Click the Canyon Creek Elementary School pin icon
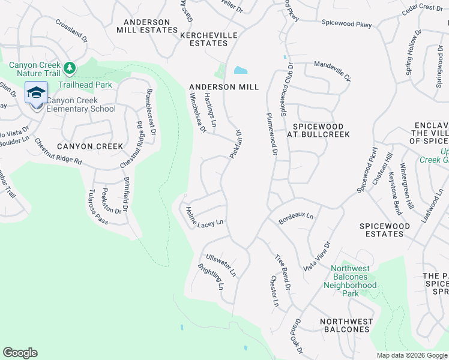37,93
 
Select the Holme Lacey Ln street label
204,217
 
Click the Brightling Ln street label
211,275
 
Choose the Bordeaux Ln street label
296,217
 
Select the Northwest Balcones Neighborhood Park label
354,281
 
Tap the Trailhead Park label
89,85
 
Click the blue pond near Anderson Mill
240,70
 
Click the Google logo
20,353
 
